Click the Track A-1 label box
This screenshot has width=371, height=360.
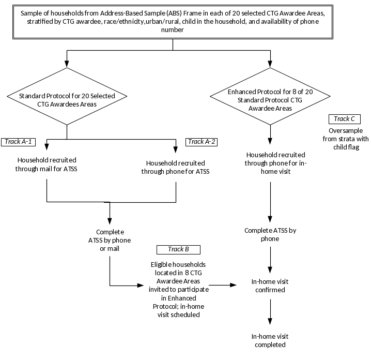point(19,142)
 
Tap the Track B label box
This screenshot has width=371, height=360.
point(178,249)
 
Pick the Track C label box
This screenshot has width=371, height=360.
point(344,119)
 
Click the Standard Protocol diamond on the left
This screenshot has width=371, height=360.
point(67,96)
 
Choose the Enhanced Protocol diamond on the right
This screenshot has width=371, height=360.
point(270,96)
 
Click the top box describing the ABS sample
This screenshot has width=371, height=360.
point(173,21)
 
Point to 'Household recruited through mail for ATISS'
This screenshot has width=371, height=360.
point(47,164)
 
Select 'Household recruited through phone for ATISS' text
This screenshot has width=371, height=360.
point(176,167)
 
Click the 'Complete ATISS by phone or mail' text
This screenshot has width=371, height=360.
point(110,241)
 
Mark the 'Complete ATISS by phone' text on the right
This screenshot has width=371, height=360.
point(270,235)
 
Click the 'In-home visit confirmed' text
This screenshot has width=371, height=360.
point(270,286)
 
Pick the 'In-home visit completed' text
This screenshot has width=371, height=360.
point(269,340)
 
